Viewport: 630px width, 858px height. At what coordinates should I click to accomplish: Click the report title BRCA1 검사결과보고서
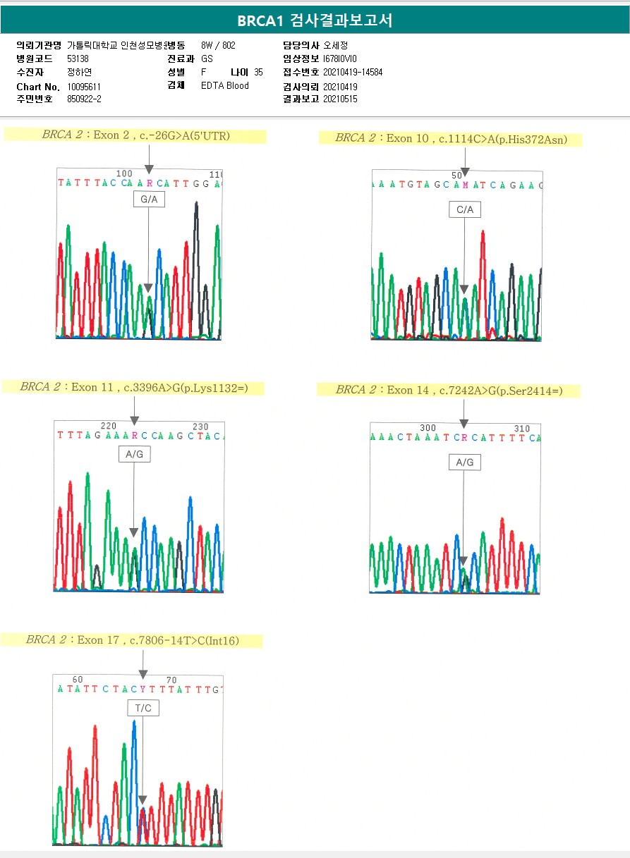click(x=315, y=20)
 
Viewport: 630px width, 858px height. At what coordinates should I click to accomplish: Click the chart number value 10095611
click(x=84, y=87)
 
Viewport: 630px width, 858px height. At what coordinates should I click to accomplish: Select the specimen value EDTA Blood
click(x=224, y=86)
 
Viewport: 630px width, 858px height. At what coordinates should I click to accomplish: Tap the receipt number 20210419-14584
click(x=352, y=72)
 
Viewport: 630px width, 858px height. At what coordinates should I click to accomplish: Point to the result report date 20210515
click(x=340, y=99)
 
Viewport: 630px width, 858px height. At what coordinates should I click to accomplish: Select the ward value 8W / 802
click(x=218, y=45)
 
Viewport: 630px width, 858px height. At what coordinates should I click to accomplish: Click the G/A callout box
click(x=149, y=200)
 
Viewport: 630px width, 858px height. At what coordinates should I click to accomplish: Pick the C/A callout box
click(x=464, y=209)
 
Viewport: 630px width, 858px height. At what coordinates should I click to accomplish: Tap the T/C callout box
click(x=143, y=707)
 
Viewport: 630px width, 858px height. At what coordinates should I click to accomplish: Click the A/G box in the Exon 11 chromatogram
click(x=134, y=454)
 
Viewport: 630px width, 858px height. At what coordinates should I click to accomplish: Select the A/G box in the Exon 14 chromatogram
click(x=464, y=462)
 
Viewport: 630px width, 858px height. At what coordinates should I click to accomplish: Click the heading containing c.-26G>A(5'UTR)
click(x=135, y=135)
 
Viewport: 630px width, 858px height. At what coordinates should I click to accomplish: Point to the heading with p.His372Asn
click(x=451, y=138)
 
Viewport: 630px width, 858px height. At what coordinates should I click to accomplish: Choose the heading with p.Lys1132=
click(x=133, y=387)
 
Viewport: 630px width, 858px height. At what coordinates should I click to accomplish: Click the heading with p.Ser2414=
click(x=449, y=390)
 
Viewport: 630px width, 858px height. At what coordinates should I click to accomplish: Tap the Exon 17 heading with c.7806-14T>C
click(x=133, y=640)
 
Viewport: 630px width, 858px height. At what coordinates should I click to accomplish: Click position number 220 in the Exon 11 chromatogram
click(x=109, y=426)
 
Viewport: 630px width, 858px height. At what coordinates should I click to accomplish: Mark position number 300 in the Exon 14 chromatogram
click(x=428, y=428)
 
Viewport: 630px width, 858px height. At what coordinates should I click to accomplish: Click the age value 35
click(x=258, y=72)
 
